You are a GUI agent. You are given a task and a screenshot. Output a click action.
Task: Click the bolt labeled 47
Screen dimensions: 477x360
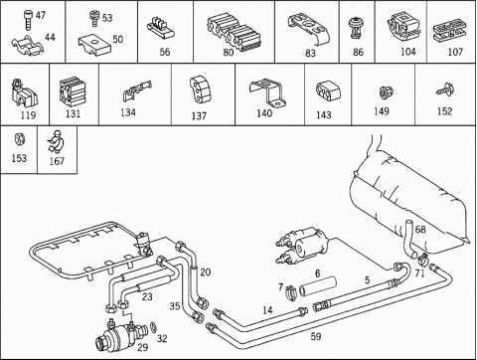click(29, 21)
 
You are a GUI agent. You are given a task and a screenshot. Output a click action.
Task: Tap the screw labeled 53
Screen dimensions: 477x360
click(94, 19)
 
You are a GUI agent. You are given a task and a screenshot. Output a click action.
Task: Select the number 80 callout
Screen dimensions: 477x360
click(229, 53)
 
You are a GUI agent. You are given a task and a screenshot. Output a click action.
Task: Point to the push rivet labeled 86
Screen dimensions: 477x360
click(356, 29)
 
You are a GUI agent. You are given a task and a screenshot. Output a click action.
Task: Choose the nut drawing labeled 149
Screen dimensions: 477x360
click(384, 92)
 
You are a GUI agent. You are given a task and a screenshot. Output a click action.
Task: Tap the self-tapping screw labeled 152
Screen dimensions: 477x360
click(445, 90)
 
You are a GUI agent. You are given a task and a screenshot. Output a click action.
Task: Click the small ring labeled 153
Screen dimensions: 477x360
click(20, 139)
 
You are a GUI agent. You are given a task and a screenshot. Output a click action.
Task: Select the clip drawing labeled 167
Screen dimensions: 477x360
click(57, 141)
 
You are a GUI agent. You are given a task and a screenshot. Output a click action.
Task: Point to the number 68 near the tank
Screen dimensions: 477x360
click(420, 229)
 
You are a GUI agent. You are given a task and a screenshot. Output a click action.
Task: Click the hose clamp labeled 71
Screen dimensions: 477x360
click(422, 258)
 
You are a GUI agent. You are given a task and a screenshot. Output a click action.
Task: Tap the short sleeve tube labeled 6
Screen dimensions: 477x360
click(318, 286)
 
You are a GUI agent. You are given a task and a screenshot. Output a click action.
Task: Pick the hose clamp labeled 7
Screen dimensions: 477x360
click(290, 293)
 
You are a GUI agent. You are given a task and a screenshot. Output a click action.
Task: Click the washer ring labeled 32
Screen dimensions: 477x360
click(153, 326)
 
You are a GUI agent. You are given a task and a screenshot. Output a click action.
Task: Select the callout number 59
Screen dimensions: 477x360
click(316, 336)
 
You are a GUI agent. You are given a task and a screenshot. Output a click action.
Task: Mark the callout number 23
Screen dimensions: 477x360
click(147, 296)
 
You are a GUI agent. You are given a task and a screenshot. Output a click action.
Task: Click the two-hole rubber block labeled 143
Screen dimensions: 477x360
click(326, 91)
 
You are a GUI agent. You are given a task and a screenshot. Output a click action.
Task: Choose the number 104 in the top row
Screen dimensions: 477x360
click(408, 52)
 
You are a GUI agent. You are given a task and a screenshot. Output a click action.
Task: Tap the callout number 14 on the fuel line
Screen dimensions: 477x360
click(267, 310)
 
